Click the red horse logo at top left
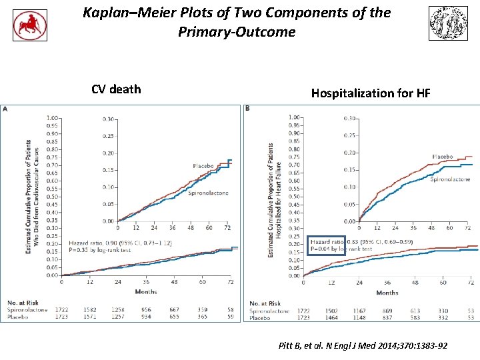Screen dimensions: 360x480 (x=30, y=25)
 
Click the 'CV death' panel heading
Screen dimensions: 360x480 (x=116, y=89)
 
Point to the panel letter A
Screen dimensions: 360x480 (x=5, y=108)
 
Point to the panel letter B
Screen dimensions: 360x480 (x=248, y=109)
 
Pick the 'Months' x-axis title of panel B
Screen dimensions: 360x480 (x=387, y=292)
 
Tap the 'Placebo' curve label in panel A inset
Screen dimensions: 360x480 (x=203, y=165)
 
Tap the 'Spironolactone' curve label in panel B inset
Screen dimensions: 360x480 (x=450, y=179)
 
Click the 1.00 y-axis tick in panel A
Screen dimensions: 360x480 (x=51, y=119)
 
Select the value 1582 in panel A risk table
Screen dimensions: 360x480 (x=89, y=309)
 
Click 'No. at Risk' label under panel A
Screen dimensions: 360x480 (x=21, y=303)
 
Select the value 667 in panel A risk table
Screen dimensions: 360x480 (x=174, y=309)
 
